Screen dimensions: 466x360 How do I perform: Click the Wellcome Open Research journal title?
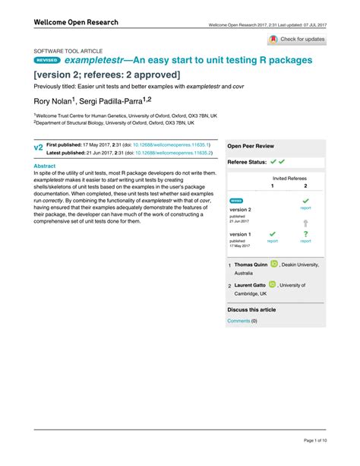76,23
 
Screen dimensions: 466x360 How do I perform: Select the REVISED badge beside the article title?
47,59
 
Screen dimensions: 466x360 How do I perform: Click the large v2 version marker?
38,147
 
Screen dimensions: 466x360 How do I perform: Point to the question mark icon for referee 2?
305,235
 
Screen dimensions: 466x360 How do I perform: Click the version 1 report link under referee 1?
272,241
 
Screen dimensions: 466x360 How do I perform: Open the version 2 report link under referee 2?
305,207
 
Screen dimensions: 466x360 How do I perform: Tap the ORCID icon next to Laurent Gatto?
272,284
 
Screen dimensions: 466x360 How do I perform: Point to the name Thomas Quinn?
250,264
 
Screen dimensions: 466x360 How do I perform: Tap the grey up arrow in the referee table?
305,223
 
